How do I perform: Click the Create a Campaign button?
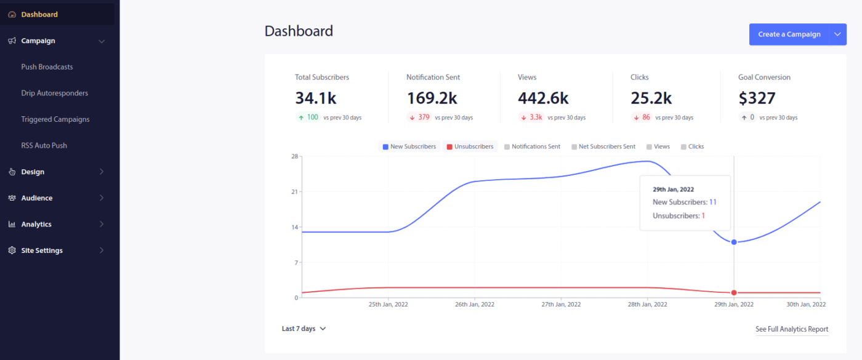[789, 34]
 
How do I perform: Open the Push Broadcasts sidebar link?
[47, 67]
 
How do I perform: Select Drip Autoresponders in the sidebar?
[54, 94]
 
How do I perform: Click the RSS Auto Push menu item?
[44, 146]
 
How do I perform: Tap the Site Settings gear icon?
[12, 250]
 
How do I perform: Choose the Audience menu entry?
[37, 198]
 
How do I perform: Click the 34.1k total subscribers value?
[316, 98]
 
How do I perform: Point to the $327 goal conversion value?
[757, 98]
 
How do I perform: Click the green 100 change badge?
[308, 117]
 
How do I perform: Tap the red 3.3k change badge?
[531, 117]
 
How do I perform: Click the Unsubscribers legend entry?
[470, 147]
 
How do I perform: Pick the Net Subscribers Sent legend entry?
[603, 147]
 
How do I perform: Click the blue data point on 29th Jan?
[734, 242]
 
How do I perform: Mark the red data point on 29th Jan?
[734, 292]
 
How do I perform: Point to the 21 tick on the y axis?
[294, 192]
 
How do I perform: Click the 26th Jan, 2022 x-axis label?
[475, 304]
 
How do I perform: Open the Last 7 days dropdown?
[304, 329]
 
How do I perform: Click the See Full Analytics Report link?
[792, 329]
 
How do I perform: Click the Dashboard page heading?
[299, 31]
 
